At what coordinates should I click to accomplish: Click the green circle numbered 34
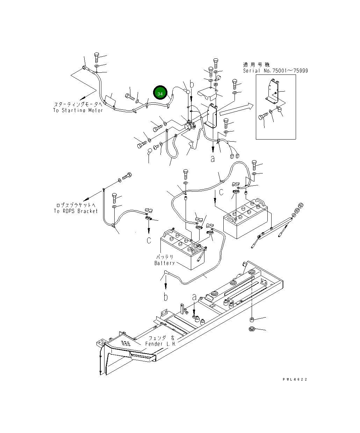pos(160,93)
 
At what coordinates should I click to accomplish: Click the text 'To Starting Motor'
pos(78,111)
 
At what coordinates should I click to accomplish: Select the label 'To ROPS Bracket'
pos(75,211)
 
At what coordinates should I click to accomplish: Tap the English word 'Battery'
pos(164,263)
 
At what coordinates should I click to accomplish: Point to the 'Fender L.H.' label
pos(161,344)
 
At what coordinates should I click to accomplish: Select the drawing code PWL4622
pos(295,379)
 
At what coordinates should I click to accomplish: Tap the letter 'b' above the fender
pos(166,297)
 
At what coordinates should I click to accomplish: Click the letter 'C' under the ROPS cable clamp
pos(149,240)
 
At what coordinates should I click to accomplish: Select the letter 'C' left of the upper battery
pos(221,192)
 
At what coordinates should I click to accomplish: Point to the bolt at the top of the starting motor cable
pos(96,56)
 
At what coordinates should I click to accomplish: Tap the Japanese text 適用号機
pos(256,65)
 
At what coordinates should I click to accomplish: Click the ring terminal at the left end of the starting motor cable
pos(85,68)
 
